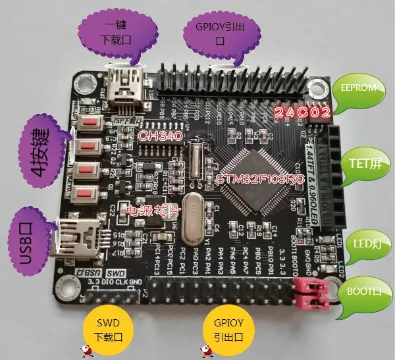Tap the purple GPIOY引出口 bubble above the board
pyautogui.click(x=220, y=32)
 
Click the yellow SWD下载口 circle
pyautogui.click(x=108, y=328)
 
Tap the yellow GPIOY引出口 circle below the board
pyautogui.click(x=228, y=328)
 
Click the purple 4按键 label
pyautogui.click(x=39, y=152)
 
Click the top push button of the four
pyautogui.click(x=88, y=123)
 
